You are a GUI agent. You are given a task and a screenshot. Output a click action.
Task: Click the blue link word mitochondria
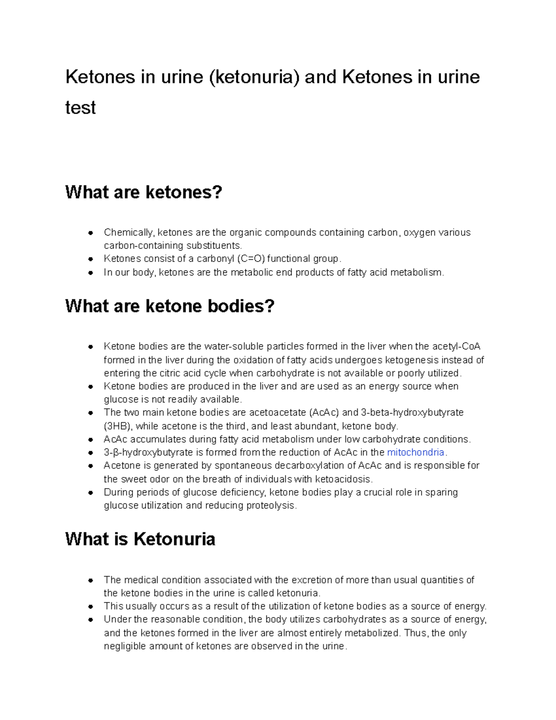point(415,452)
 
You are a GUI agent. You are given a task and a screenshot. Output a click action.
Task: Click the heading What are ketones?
point(144,192)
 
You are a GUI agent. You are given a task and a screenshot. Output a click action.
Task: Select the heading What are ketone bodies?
point(170,306)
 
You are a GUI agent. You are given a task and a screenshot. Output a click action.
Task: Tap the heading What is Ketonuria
point(140,539)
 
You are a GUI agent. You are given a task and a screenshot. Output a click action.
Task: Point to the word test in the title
point(80,108)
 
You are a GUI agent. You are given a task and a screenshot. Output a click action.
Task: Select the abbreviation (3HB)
point(118,426)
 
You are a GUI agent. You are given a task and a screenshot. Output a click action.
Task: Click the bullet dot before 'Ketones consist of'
point(91,259)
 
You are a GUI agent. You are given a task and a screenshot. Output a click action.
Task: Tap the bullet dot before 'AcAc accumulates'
point(91,440)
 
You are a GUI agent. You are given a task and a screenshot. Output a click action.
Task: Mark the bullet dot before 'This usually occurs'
point(91,606)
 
